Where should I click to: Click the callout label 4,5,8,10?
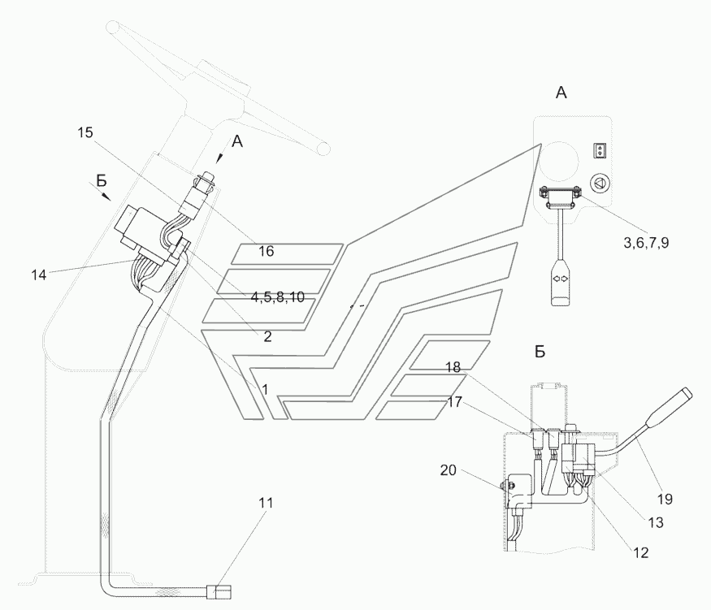point(277,297)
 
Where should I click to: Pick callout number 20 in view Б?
point(449,470)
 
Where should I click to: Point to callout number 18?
point(453,368)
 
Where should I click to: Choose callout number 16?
point(266,252)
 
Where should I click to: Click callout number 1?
point(264,389)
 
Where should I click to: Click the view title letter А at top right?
point(561,93)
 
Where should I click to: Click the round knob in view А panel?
point(599,184)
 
